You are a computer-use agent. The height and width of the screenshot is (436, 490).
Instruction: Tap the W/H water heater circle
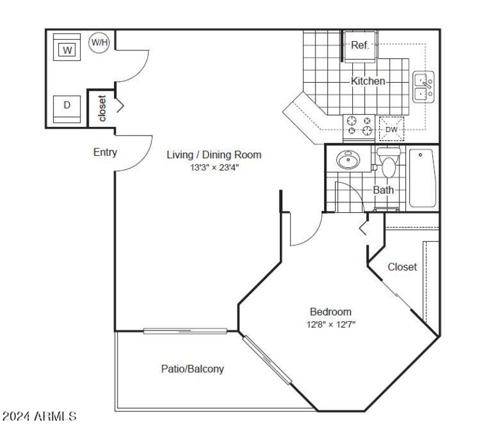(99, 42)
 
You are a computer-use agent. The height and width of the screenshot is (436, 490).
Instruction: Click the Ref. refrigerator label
(360, 45)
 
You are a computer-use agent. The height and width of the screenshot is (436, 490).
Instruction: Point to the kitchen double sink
(423, 86)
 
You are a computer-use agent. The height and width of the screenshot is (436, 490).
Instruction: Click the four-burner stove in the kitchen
(360, 126)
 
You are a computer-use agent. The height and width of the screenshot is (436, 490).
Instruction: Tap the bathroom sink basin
(349, 161)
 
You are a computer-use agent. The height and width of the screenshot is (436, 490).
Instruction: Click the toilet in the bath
(388, 163)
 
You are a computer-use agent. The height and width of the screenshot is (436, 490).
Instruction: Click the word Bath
(383, 190)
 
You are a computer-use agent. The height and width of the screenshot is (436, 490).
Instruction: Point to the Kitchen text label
(368, 81)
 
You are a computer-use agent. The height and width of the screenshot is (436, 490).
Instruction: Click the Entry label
(105, 153)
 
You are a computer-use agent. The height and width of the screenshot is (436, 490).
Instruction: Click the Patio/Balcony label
(192, 369)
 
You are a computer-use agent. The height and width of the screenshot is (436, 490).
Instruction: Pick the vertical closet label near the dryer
(102, 109)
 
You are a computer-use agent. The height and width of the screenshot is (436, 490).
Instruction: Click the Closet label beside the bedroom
(402, 267)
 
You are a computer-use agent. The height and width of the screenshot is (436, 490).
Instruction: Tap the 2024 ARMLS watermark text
(40, 417)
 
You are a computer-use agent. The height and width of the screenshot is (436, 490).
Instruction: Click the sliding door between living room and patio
(186, 331)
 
